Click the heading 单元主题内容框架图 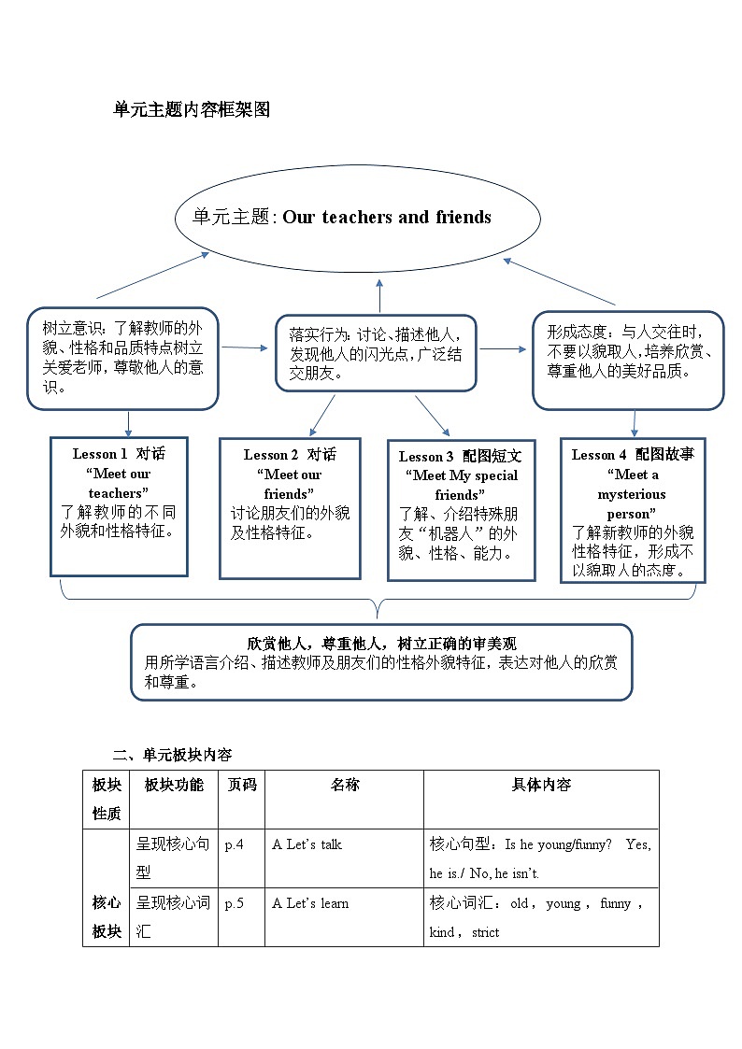pyautogui.click(x=191, y=110)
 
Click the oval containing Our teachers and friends pyautogui.click(x=358, y=218)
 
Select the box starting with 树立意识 pyautogui.click(x=122, y=358)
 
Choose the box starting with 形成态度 pyautogui.click(x=628, y=359)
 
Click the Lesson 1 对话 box pyautogui.click(x=119, y=506)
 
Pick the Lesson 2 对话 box pyautogui.click(x=290, y=508)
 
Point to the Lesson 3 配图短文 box pyautogui.click(x=461, y=509)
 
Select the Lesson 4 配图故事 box pyautogui.click(x=633, y=510)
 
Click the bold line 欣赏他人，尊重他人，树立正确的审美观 pyautogui.click(x=381, y=644)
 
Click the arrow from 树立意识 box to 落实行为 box pyautogui.click(x=243, y=347)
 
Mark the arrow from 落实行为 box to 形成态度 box pyautogui.click(x=504, y=349)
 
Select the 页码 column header pyautogui.click(x=242, y=785)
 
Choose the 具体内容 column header pyautogui.click(x=541, y=785)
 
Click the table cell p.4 pyautogui.click(x=234, y=844)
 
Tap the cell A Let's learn pyautogui.click(x=310, y=903)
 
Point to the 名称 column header pyautogui.click(x=344, y=785)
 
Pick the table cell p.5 pyautogui.click(x=234, y=903)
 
